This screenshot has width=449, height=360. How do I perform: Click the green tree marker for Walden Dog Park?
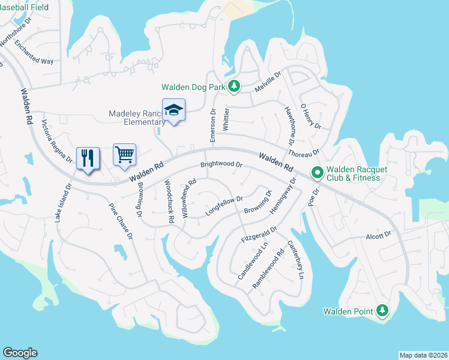point(234,87)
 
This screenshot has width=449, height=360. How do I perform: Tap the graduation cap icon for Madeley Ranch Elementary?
point(173,110)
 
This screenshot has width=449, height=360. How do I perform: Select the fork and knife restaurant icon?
point(88,158)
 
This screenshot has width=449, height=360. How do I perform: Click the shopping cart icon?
point(125,154)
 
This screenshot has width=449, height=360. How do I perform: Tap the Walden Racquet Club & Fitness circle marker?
point(317,173)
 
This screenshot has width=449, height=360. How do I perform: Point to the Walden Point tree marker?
point(382,311)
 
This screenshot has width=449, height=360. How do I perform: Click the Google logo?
point(20,352)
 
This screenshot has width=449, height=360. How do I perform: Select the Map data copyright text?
point(423,355)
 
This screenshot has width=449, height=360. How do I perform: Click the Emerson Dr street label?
point(212,125)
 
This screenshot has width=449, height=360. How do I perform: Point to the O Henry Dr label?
point(311,115)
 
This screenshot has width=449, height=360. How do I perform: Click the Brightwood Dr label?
point(221,164)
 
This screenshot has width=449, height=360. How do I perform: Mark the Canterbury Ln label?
point(296,260)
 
